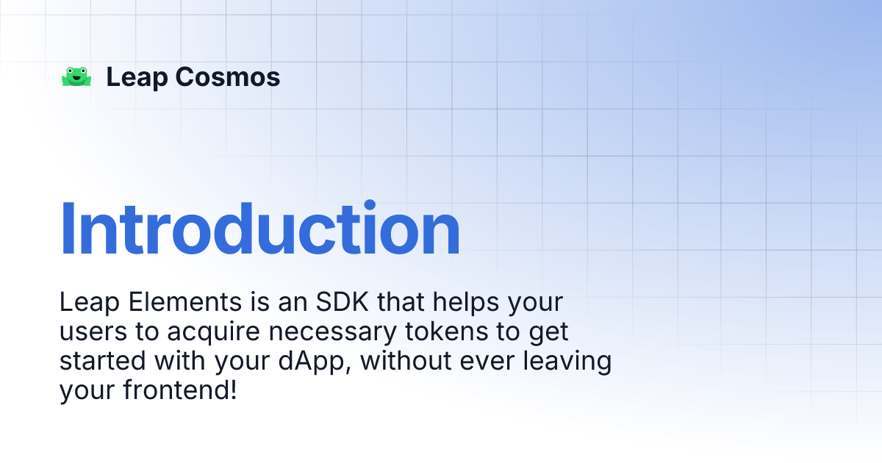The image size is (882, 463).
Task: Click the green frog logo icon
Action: [76, 77]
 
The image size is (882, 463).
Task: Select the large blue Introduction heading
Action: [260, 229]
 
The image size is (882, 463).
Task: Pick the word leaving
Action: [568, 362]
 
